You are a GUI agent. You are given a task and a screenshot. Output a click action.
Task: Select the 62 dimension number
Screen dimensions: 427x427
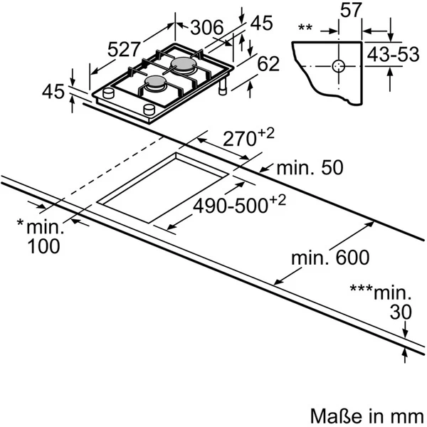268,64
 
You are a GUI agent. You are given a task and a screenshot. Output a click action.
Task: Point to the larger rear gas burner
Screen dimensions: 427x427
184,66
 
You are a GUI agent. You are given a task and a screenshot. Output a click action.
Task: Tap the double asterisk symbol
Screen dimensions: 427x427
306,28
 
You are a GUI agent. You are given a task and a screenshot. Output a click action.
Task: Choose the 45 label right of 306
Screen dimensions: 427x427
261,23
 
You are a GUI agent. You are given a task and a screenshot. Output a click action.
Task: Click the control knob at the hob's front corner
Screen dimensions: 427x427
149,108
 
